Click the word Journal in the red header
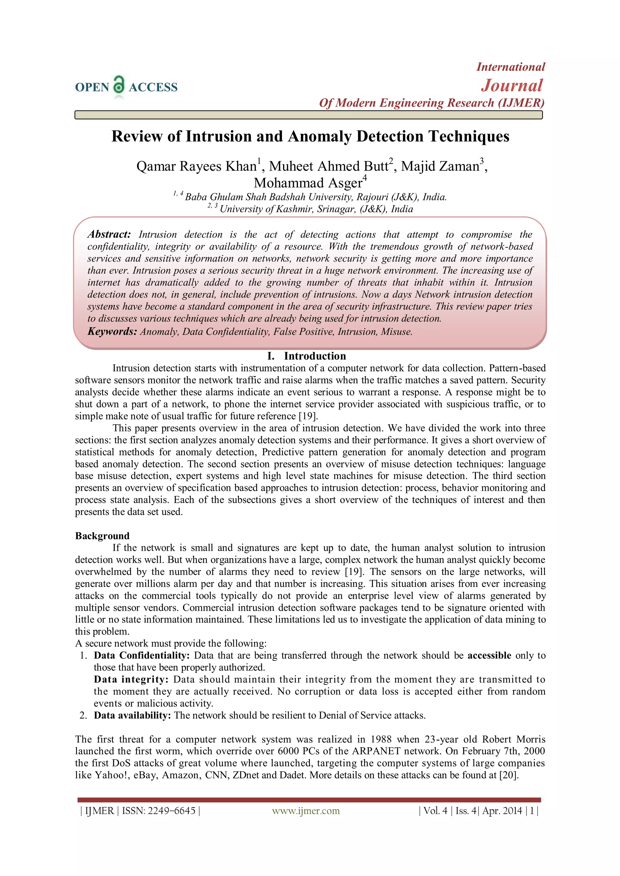coord(512,85)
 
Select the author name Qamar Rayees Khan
coord(196,166)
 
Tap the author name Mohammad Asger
coord(308,183)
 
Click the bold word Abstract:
coord(109,234)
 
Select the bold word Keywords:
coord(112,331)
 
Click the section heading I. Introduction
coord(307,356)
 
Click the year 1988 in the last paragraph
coord(381,740)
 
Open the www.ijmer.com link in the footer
coord(306,811)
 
